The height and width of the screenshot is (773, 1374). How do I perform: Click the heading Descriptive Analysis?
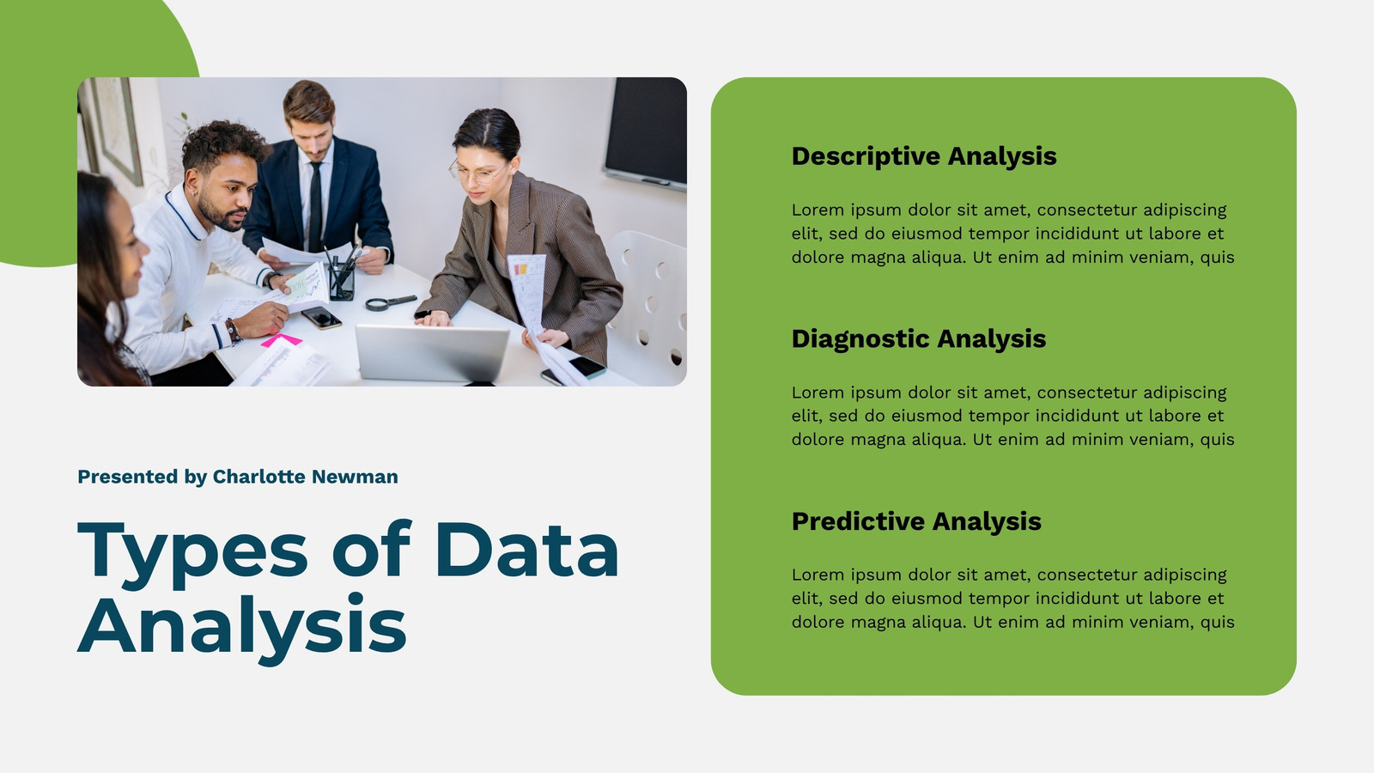pos(924,156)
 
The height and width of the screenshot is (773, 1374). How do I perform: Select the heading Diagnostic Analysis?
pos(918,338)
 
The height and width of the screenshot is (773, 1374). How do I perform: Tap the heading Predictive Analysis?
pos(916,521)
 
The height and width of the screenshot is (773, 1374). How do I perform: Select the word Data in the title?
pos(527,549)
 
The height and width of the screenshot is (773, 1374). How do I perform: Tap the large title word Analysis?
pos(241,627)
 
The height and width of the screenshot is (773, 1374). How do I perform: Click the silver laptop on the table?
pos(433,353)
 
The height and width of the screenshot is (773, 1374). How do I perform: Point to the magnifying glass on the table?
pos(391,301)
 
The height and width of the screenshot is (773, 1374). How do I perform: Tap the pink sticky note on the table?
pos(281,340)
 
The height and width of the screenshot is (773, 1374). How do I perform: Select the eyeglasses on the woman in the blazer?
pos(477,172)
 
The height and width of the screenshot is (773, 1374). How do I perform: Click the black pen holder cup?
pos(342,283)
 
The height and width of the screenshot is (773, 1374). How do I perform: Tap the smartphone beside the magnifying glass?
pos(321,317)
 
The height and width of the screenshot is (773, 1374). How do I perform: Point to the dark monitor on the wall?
pos(645,131)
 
